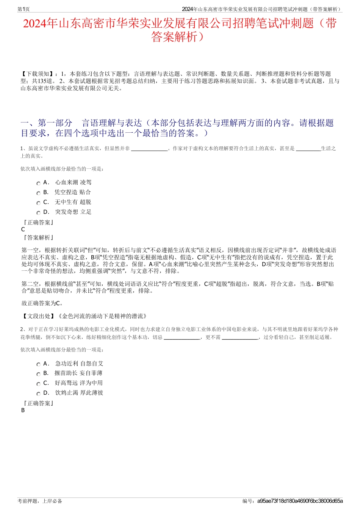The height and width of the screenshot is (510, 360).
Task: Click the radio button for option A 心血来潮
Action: pyautogui.click(x=38, y=184)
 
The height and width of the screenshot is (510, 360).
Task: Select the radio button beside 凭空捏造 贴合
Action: pyautogui.click(x=38, y=193)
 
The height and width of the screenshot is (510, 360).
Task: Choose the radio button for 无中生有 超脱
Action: pyautogui.click(x=38, y=203)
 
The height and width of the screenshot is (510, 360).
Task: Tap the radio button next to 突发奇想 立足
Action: pyautogui.click(x=38, y=213)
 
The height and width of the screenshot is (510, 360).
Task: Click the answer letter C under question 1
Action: pyautogui.click(x=23, y=229)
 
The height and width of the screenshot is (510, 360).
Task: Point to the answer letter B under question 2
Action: pyautogui.click(x=23, y=410)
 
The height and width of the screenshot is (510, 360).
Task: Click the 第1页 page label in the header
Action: pyautogui.click(x=23, y=9)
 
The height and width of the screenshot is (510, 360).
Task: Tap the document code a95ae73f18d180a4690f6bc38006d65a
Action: pyautogui.click(x=300, y=501)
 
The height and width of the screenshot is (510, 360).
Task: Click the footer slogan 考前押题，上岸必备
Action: pyautogui.click(x=40, y=501)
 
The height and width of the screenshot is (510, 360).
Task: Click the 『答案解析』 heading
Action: pyautogui.click(x=38, y=238)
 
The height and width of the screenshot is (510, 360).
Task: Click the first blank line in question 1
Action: pyautogui.click(x=150, y=149)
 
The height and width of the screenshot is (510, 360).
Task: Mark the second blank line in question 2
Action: pyautogui.click(x=240, y=337)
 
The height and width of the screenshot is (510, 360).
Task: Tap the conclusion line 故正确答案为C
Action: pyautogui.click(x=42, y=303)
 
